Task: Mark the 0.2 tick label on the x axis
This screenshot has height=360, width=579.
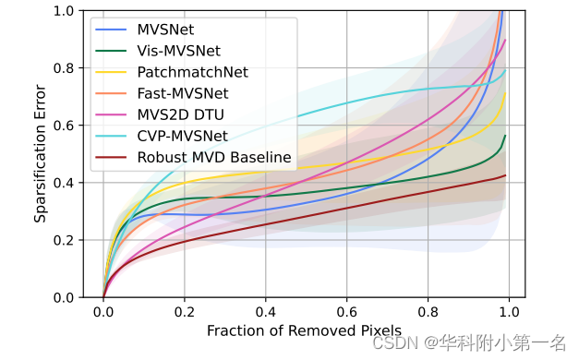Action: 185,313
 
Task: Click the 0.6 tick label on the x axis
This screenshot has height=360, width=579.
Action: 347,313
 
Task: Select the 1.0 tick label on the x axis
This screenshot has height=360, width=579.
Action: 510,313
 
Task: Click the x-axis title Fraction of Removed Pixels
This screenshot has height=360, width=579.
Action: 304,330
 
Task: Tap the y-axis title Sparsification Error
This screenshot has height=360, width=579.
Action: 41,154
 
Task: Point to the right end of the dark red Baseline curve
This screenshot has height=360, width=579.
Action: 505,175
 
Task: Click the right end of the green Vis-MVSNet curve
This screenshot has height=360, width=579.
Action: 505,136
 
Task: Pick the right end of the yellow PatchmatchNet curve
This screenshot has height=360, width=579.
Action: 505,91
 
